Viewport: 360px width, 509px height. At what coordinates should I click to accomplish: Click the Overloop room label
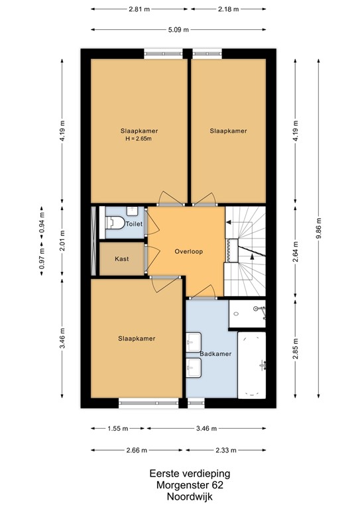click(189, 252)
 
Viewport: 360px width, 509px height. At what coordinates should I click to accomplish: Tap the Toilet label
click(134, 224)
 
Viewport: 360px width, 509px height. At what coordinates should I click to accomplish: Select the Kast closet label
click(121, 258)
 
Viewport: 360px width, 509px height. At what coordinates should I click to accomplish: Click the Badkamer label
click(215, 354)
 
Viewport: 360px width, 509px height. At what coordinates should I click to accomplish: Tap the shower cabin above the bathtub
click(247, 314)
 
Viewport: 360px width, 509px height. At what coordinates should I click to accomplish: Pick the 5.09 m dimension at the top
click(178, 30)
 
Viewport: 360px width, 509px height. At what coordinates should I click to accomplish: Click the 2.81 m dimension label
click(140, 9)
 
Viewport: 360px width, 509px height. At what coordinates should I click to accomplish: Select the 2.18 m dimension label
click(228, 9)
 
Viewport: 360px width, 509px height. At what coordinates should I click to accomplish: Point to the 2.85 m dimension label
click(294, 348)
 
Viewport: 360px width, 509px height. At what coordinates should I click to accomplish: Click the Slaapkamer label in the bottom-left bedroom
click(136, 339)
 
